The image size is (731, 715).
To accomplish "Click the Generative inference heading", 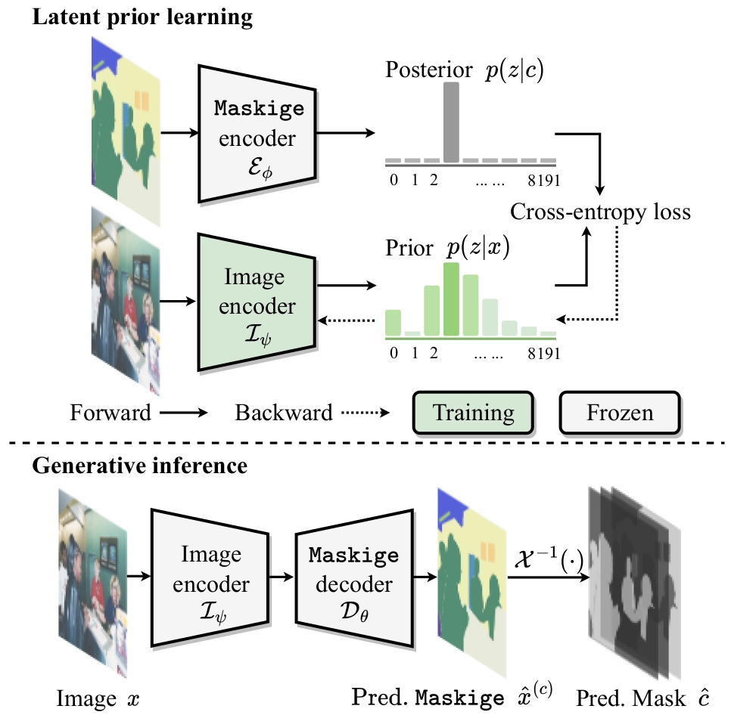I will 139,466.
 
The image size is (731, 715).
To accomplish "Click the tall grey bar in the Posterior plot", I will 452,122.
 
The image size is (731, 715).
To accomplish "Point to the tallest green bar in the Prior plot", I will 452,299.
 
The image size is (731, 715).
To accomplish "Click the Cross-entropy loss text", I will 600,212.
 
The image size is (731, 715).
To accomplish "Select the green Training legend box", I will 474,413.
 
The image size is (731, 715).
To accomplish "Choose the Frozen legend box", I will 620,413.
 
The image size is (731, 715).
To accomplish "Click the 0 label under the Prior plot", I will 391,352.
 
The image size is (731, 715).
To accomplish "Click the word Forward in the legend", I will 110,413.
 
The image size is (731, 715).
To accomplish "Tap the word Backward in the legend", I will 284,413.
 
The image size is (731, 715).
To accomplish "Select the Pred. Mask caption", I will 642,695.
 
